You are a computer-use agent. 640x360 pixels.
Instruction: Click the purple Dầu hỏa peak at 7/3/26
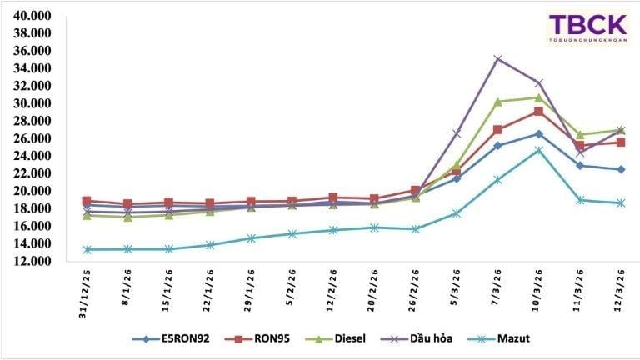[497, 59]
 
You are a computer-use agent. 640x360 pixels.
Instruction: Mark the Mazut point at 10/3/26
[538, 150]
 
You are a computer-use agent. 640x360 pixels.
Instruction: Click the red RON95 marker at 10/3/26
[538, 111]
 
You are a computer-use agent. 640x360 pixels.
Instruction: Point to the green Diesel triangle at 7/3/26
[497, 102]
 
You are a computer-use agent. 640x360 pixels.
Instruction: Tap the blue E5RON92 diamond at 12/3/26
[620, 169]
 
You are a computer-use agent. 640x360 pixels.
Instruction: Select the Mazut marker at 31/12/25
[87, 249]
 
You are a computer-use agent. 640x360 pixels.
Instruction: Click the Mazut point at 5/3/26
[457, 213]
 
